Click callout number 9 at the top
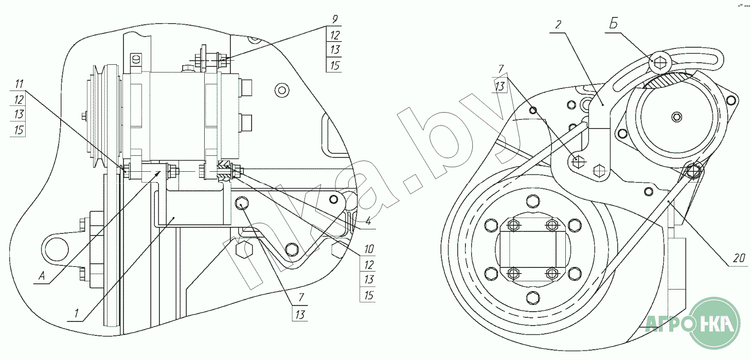coord(334,20)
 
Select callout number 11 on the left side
coord(19,84)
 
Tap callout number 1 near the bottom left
coord(77,313)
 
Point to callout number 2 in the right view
coord(558,25)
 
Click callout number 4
coord(368,221)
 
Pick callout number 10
coord(369,249)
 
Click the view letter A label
coord(42,276)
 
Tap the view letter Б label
coord(613,24)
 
